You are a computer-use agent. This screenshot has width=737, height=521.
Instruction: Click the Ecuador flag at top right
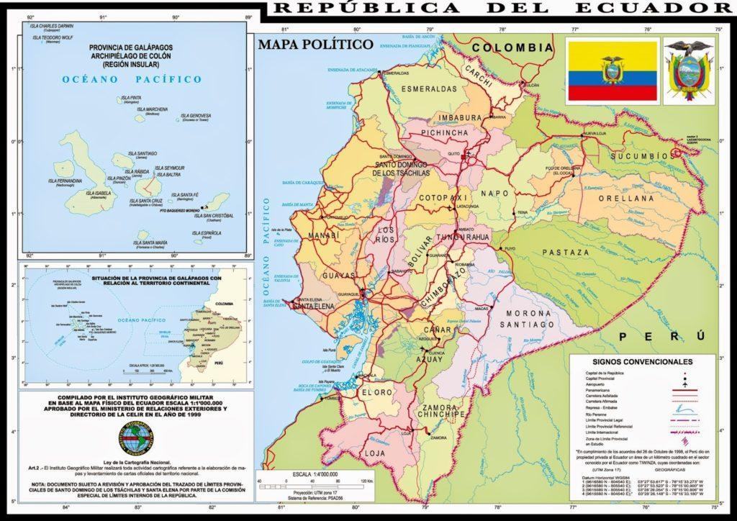click(x=611, y=71)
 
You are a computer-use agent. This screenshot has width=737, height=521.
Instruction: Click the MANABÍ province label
click(x=323, y=235)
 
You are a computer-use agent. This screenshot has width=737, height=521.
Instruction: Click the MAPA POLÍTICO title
click(x=315, y=44)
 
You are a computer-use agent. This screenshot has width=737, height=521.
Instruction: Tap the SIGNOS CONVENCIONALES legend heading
click(x=643, y=361)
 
